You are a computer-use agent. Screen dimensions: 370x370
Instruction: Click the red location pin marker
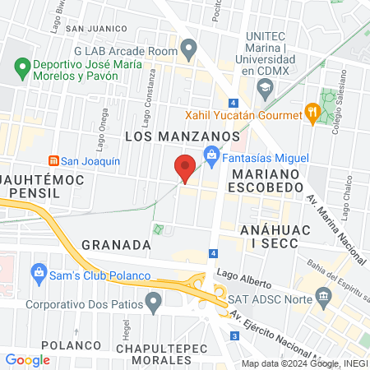tap(186, 166)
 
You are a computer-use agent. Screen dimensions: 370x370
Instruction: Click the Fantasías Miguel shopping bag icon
tap(211, 154)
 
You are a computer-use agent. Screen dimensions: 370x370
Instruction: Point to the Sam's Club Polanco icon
tap(39, 271)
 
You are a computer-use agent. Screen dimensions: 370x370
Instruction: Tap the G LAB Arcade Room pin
tap(189, 52)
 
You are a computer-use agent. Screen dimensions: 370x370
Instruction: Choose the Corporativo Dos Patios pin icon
tap(153, 303)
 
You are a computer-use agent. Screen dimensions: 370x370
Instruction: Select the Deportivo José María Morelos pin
tap(20, 65)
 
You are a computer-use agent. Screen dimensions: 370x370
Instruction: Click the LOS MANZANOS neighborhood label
tap(182, 135)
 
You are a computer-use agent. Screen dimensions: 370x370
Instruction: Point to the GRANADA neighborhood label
tap(116, 245)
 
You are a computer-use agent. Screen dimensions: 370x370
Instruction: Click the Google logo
tap(27, 359)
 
